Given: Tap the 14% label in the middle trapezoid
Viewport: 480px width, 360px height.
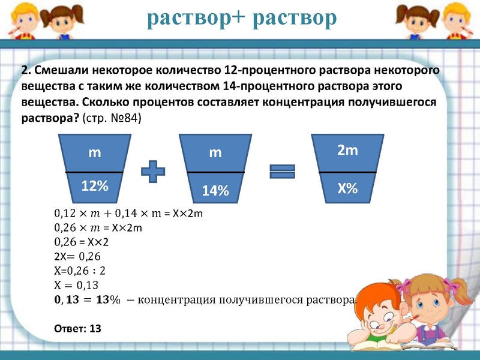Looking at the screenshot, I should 215,191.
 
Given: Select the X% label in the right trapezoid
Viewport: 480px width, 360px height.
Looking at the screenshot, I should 347,188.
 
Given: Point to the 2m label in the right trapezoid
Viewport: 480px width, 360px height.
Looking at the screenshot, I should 347,151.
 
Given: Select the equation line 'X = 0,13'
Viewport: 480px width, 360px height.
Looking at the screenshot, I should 76,284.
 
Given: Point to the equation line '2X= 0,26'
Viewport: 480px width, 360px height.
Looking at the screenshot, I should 76,256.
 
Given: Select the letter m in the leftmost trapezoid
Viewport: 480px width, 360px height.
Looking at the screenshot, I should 95,153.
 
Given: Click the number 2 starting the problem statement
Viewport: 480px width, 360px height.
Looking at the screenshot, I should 25,71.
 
